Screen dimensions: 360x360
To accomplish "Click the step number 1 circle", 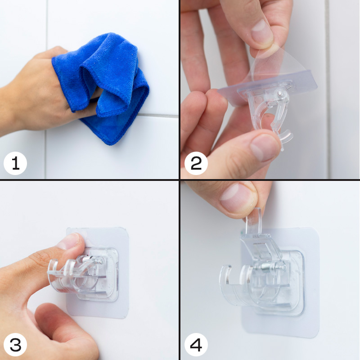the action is point(15,163).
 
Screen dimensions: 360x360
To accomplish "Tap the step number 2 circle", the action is point(196,163).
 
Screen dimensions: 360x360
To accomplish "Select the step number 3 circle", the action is point(15,345).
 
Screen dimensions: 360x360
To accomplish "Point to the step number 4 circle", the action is point(196,345).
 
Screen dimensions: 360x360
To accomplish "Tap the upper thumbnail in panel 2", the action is point(262,32).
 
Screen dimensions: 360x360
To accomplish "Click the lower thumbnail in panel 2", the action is point(264,147).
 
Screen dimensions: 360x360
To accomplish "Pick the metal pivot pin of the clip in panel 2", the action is point(279,94).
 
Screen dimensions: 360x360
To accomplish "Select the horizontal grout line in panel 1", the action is point(158,116).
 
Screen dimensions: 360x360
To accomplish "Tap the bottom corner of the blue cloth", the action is point(111,144).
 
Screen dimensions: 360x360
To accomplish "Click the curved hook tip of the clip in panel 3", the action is point(52,266).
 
